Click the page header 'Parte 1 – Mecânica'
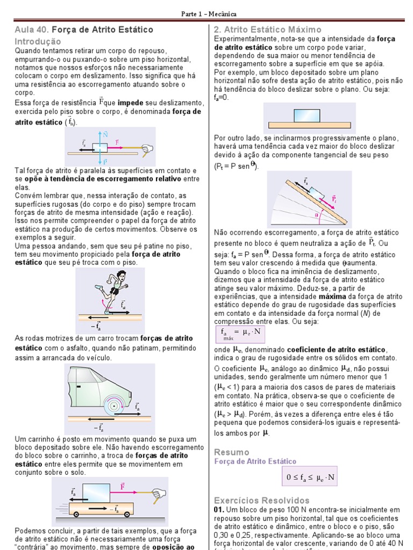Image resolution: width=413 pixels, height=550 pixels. [x=207, y=14]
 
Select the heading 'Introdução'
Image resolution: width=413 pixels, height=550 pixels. [x=38, y=41]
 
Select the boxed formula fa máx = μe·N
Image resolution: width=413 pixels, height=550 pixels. [x=240, y=333]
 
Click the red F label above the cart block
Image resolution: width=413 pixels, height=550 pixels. [x=123, y=486]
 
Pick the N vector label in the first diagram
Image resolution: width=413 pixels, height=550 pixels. [x=105, y=134]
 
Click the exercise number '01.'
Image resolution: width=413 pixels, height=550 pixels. [x=219, y=509]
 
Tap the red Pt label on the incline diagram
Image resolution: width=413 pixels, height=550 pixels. [x=334, y=199]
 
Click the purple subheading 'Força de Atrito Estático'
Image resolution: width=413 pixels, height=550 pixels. [x=255, y=461]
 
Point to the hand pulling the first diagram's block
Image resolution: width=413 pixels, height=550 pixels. [x=146, y=149]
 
